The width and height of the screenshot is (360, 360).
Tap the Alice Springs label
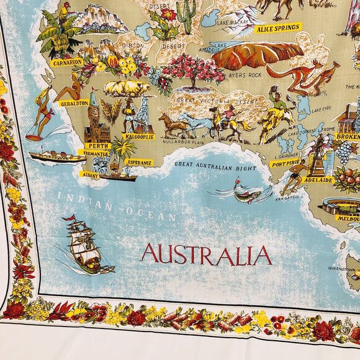click(x=278, y=27)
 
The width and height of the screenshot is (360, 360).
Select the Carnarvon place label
click(x=68, y=63)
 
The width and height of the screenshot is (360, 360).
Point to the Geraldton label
click(x=74, y=104)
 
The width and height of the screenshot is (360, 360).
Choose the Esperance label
click(x=140, y=162)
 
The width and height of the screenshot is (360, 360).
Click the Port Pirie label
click(x=285, y=164)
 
